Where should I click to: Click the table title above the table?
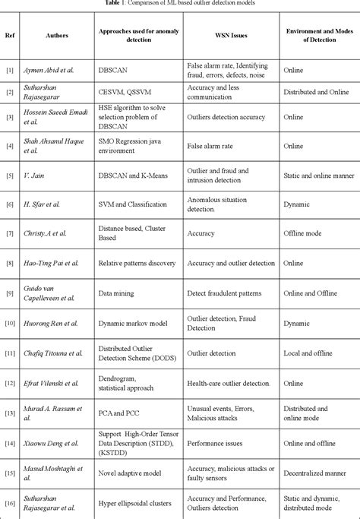pos(180,4)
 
